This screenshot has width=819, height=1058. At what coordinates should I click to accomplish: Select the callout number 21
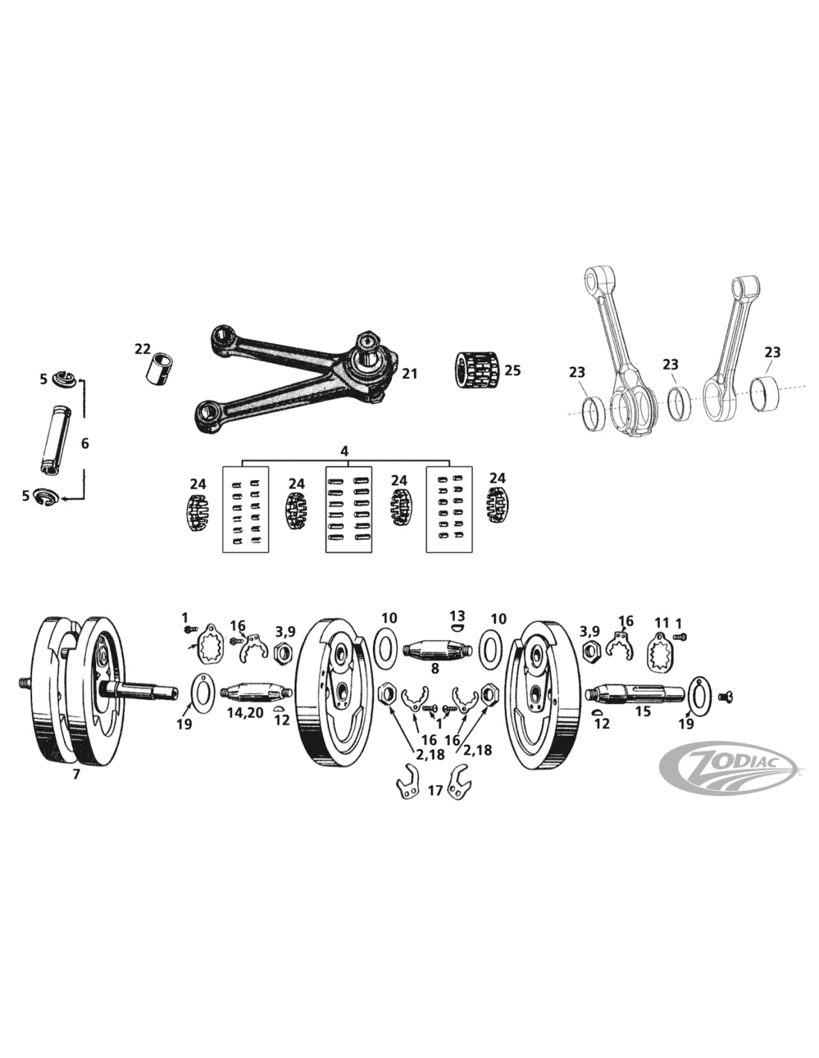409,374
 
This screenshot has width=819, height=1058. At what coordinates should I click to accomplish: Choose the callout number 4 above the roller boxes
345,451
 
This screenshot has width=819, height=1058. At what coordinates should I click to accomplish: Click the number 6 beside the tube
85,444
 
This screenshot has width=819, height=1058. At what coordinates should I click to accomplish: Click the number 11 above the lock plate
662,622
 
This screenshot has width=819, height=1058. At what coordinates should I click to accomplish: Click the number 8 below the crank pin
435,668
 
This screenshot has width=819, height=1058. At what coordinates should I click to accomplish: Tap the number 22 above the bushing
144,349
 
